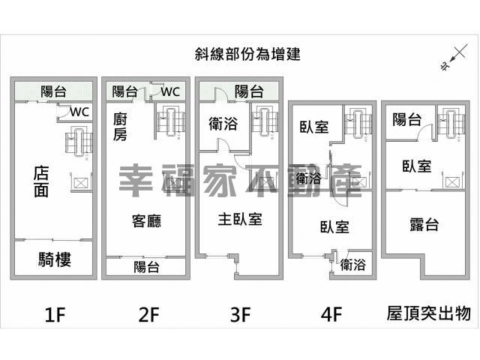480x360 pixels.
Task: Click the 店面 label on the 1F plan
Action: click(41, 181)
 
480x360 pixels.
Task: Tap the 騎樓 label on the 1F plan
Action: click(55, 259)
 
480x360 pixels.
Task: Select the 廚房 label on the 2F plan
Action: click(120, 127)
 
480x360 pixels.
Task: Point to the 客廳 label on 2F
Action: click(146, 220)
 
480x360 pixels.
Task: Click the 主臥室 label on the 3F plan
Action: click(240, 220)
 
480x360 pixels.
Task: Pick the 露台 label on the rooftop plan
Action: click(424, 224)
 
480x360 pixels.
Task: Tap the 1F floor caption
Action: click(55, 314)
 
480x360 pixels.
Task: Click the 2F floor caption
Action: click(148, 314)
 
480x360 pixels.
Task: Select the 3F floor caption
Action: click(241, 314)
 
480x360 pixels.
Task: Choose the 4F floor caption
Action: click(331, 314)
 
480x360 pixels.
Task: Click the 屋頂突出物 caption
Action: click(428, 313)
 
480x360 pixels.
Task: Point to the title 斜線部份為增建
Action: click(247, 54)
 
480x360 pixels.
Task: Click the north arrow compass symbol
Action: click(454, 58)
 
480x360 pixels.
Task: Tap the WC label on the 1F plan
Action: click(79, 112)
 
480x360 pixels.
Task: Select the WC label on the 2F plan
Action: click(170, 91)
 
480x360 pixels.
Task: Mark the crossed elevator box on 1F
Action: click(80, 183)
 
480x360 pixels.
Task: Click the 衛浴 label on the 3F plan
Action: click(223, 123)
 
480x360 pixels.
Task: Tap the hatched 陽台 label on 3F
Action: click(249, 91)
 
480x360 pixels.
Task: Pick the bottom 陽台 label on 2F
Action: click(146, 267)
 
